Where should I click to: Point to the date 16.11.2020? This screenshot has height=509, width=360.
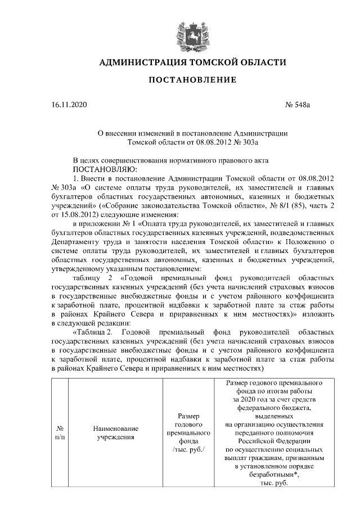tap(69, 105)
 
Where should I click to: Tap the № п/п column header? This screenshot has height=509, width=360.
tap(60, 432)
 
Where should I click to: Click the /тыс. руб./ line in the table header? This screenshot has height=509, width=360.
tap(188, 451)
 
